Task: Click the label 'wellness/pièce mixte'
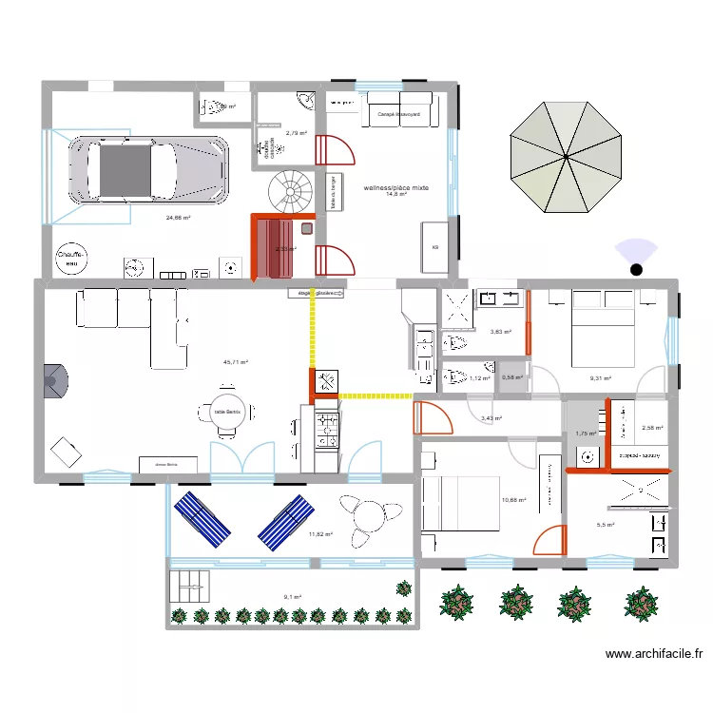tap(396, 188)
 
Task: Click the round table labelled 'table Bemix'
tap(226, 411)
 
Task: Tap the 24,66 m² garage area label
tap(178, 218)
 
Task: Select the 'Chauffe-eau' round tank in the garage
tap(72, 258)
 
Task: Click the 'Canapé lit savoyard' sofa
tap(400, 111)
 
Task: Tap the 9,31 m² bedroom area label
tap(600, 378)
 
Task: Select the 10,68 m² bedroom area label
tap(513, 501)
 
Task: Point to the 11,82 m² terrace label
tap(321, 534)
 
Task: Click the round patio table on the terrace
tap(365, 520)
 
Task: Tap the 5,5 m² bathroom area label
tap(605, 525)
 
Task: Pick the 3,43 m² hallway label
tap(491, 418)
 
